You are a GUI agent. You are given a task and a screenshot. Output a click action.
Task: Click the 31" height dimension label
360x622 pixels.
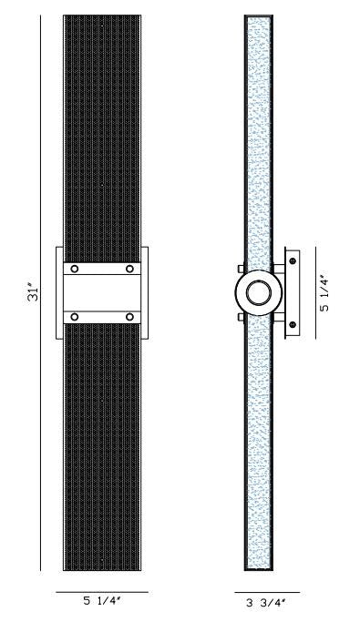(32, 293)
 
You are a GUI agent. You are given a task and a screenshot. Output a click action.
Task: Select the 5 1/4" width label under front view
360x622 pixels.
(102, 601)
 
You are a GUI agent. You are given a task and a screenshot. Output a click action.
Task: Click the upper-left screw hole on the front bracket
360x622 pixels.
(75, 270)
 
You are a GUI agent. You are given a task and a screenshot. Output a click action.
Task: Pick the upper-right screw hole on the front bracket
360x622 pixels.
(130, 270)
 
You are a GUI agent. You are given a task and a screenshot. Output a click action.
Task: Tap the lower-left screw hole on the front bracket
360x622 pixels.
(75, 317)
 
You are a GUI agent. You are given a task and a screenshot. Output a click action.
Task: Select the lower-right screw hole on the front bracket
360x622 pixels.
(130, 317)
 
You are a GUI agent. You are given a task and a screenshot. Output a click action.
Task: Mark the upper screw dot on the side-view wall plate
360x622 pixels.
(293, 261)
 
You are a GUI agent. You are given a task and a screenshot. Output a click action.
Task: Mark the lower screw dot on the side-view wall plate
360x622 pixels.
(293, 325)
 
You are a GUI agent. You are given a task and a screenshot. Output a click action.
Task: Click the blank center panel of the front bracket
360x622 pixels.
(102, 293)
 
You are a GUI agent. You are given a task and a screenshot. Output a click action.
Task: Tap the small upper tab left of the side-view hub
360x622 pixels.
(241, 270)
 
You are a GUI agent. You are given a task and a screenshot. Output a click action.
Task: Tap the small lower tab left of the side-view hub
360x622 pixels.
(241, 317)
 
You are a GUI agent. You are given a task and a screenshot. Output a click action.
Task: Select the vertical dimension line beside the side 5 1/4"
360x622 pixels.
(315, 293)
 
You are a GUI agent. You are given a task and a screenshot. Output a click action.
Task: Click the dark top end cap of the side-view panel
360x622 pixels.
(259, 17)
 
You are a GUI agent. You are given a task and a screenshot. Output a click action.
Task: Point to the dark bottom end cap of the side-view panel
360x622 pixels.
(259, 568)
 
